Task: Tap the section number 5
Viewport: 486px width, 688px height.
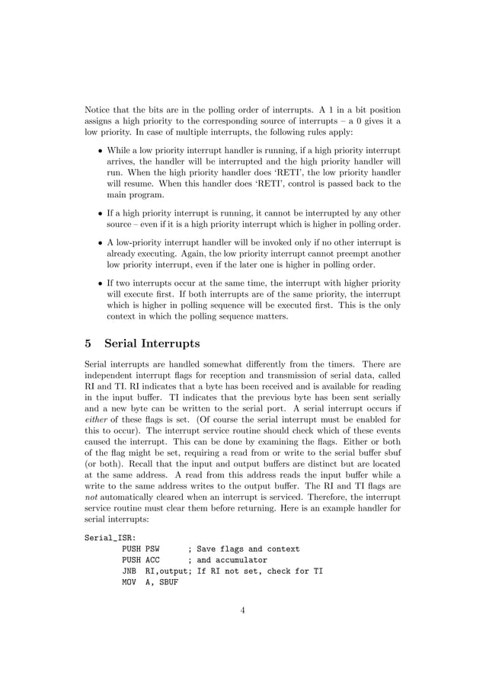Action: click(x=88, y=344)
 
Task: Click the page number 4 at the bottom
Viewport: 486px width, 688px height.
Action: click(x=242, y=609)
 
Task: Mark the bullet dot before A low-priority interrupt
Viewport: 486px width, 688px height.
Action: click(x=101, y=243)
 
